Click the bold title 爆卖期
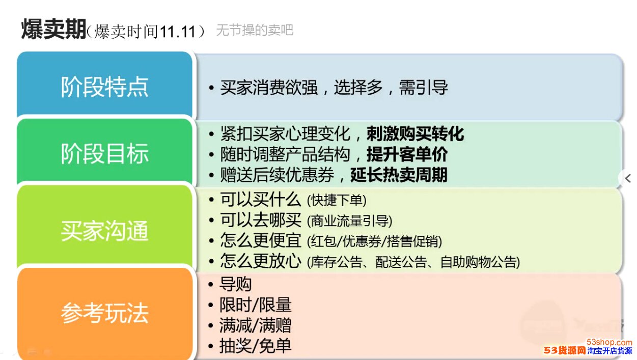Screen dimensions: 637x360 coord(54,29)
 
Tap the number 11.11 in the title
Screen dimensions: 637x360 coord(177,31)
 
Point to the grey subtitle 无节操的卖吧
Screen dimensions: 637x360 coord(255,30)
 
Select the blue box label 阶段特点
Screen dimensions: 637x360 coord(105,87)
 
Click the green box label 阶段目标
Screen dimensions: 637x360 coord(105,154)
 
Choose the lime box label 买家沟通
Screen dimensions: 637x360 coord(105,231)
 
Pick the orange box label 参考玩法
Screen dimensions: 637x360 coord(105,313)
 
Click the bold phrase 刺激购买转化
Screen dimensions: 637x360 coord(415,133)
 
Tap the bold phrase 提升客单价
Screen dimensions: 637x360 coord(407,154)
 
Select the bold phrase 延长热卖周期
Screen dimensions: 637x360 coord(399,175)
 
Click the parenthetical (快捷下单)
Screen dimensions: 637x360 coord(337,200)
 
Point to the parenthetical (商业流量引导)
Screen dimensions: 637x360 coord(350,221)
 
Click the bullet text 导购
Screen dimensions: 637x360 coord(235,284)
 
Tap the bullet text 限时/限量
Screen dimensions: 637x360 coord(256,304)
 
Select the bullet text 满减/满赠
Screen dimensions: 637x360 coord(256,325)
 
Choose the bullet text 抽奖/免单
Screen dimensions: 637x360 coord(256,346)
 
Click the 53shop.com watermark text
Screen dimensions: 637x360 coord(610,342)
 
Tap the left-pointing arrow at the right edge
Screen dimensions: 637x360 coord(628,179)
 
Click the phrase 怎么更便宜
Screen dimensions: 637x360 coord(261,240)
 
